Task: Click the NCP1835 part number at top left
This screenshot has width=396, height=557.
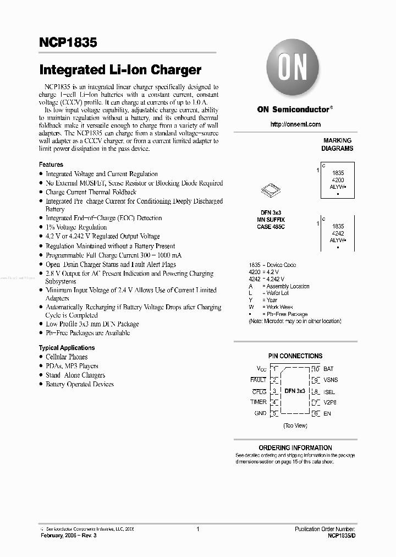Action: tap(68, 42)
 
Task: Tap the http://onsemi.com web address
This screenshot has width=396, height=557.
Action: tap(295, 124)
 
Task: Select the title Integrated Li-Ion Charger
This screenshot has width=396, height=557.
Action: tap(120, 70)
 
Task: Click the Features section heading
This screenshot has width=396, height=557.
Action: tap(51, 165)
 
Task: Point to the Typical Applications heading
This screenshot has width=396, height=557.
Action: tap(67, 348)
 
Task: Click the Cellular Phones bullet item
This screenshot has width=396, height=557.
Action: tap(67, 357)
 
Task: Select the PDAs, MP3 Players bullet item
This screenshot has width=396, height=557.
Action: tap(72, 366)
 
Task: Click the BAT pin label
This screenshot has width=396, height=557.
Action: tap(328, 369)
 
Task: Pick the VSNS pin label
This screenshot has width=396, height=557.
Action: tap(331, 380)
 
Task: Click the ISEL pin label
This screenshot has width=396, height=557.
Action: tap(329, 392)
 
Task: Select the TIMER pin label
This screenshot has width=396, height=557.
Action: tap(258, 402)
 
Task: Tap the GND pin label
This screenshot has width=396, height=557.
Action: tap(260, 413)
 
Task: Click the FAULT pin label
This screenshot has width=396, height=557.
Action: tap(258, 380)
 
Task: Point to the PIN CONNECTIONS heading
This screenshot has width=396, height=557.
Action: tap(295, 356)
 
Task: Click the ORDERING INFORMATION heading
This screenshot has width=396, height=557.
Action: tap(295, 448)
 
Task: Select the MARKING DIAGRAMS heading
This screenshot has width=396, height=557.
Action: tap(337, 145)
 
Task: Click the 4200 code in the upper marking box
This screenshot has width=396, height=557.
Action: tap(338, 180)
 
